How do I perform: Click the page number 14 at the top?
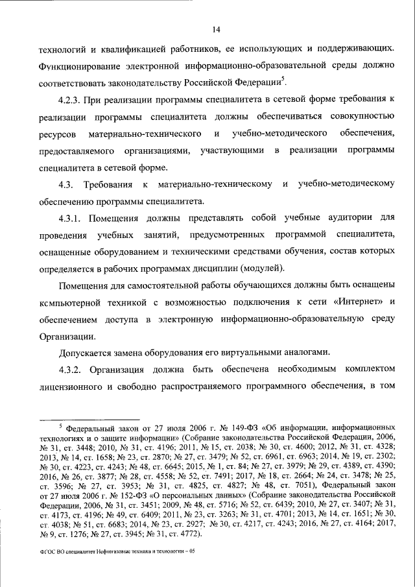(216, 28)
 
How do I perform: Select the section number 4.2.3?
(73, 99)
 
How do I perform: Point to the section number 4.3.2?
(73, 368)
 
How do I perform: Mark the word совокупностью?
(358, 116)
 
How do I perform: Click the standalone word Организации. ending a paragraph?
(67, 335)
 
